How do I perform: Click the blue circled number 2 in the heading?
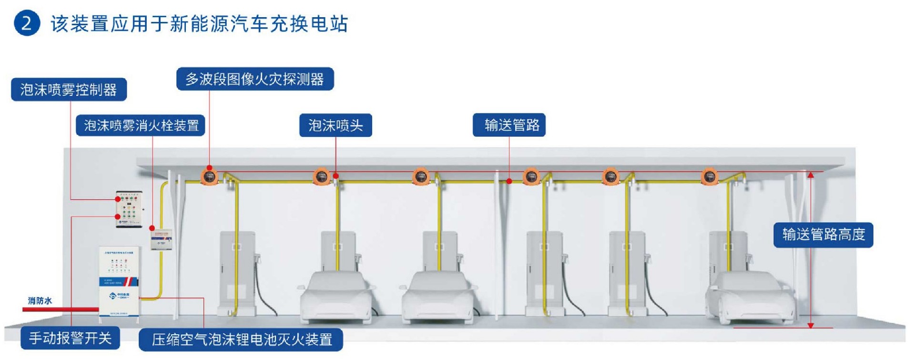(27, 23)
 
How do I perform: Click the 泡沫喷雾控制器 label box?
(69, 90)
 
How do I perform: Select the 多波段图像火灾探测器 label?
(255, 79)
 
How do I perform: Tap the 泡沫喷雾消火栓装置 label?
(141, 125)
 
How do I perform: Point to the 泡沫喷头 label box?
(335, 125)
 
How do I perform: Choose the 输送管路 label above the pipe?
(509, 125)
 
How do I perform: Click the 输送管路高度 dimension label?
(823, 235)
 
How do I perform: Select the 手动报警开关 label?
(70, 338)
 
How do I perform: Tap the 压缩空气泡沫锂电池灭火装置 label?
(241, 339)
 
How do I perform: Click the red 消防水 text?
(40, 300)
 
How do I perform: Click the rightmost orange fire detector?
(709, 177)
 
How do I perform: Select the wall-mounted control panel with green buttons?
(129, 209)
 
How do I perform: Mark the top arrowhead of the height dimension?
(811, 175)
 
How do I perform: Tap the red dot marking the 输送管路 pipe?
(509, 181)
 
